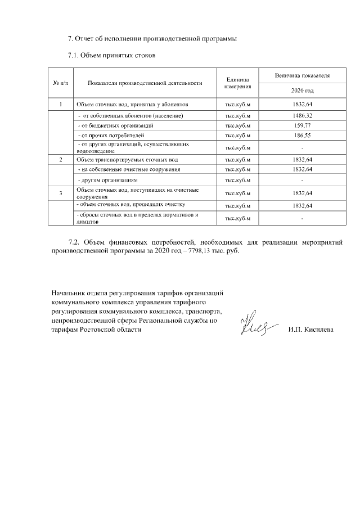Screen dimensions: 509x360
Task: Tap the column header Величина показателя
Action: point(302,75)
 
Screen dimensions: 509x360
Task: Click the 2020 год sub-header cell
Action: point(302,91)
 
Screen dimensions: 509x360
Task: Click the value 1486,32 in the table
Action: point(302,115)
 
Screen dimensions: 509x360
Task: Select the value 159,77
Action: point(302,125)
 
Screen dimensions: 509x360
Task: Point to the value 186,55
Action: point(302,136)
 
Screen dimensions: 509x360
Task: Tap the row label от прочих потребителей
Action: point(111,136)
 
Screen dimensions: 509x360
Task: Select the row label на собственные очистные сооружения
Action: point(129,169)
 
